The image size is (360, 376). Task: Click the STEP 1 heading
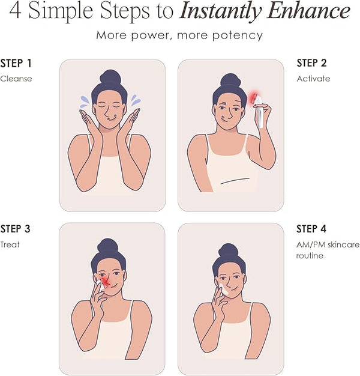pos(16,63)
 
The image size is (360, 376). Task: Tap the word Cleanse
pos(16,79)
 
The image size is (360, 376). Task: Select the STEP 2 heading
pos(311,63)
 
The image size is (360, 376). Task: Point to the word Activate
pos(313,79)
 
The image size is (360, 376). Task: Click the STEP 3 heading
pos(16,229)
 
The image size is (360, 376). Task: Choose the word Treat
pos(10,244)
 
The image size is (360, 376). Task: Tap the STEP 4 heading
pos(311,229)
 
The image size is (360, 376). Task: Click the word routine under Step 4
pos(310,256)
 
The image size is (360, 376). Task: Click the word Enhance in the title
pos(309,11)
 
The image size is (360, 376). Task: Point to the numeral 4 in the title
pos(16,11)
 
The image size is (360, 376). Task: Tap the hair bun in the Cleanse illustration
pos(110,77)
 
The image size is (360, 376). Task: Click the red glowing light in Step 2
pos(253,98)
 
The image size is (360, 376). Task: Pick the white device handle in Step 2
pos(260,117)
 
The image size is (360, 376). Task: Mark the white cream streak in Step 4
pos(223,288)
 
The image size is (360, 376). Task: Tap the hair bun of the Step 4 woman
pos(229,250)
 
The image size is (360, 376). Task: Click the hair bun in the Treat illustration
pos(108,246)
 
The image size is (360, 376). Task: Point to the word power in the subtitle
pos(150,35)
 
